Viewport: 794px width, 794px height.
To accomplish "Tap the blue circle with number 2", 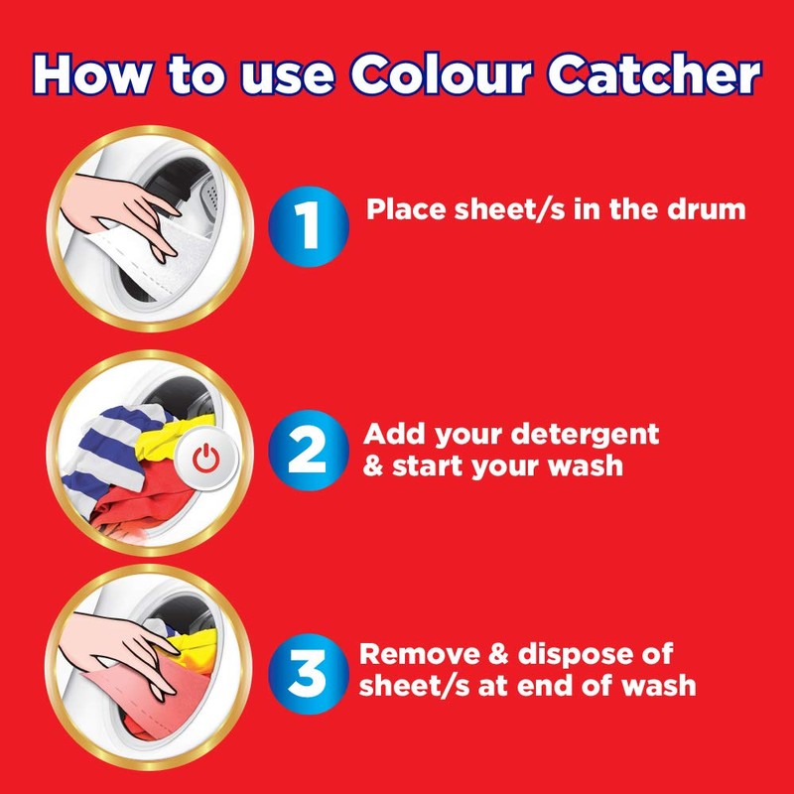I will click(309, 450).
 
